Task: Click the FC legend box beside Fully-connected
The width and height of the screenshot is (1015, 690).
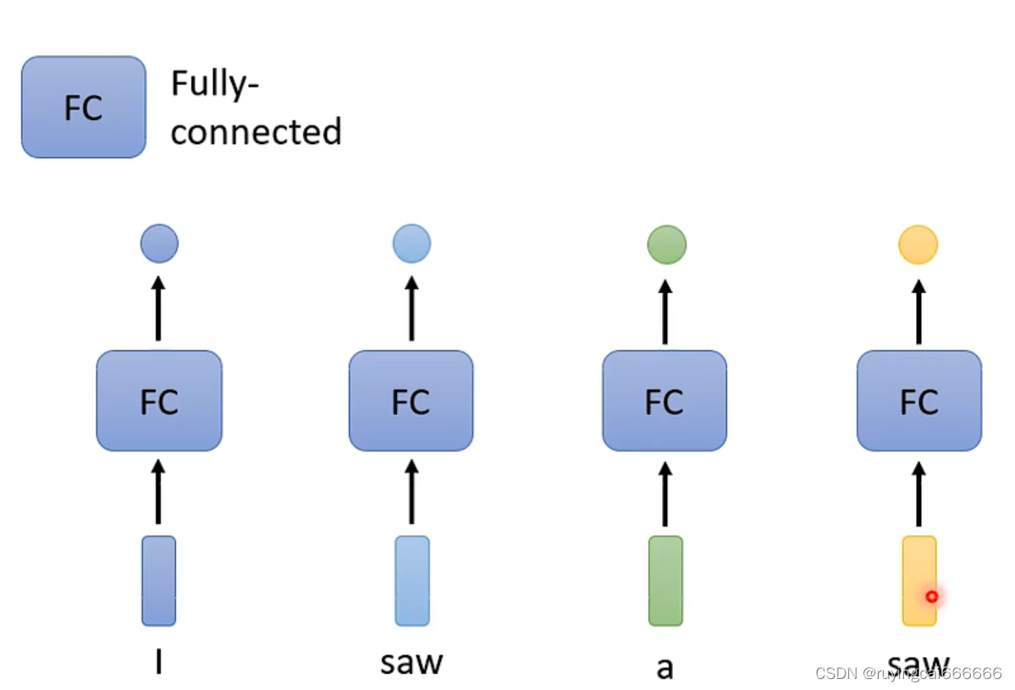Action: pyautogui.click(x=84, y=107)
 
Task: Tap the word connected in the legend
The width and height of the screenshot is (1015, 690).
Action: pyautogui.click(x=256, y=132)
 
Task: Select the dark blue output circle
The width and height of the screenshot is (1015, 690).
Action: pyautogui.click(x=159, y=243)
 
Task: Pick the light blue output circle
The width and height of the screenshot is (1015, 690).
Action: pyautogui.click(x=411, y=243)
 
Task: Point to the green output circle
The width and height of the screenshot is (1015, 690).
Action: pyautogui.click(x=667, y=245)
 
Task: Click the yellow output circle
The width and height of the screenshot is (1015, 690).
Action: pyautogui.click(x=918, y=245)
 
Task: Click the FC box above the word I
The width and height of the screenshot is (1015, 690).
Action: pyautogui.click(x=159, y=400)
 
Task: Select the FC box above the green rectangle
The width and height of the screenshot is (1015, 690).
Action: pyautogui.click(x=665, y=400)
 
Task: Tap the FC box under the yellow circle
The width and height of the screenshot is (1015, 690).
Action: pyautogui.click(x=919, y=400)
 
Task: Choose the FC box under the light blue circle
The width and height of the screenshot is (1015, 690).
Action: pyautogui.click(x=411, y=400)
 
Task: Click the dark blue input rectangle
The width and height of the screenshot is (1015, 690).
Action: pyautogui.click(x=158, y=581)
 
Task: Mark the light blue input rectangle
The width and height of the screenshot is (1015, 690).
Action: pyautogui.click(x=412, y=581)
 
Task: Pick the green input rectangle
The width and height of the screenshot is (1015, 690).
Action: pyautogui.click(x=665, y=581)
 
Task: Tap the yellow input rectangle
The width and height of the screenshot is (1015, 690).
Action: pyautogui.click(x=919, y=581)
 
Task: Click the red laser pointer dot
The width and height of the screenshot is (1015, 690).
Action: pyautogui.click(x=931, y=596)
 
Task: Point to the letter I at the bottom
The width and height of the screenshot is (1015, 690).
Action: pyautogui.click(x=158, y=661)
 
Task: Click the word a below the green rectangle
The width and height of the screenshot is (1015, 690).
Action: pyautogui.click(x=665, y=668)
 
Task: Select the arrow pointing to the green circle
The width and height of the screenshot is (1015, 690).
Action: pyautogui.click(x=665, y=312)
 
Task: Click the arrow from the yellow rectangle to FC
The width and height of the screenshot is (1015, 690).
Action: pyautogui.click(x=919, y=494)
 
